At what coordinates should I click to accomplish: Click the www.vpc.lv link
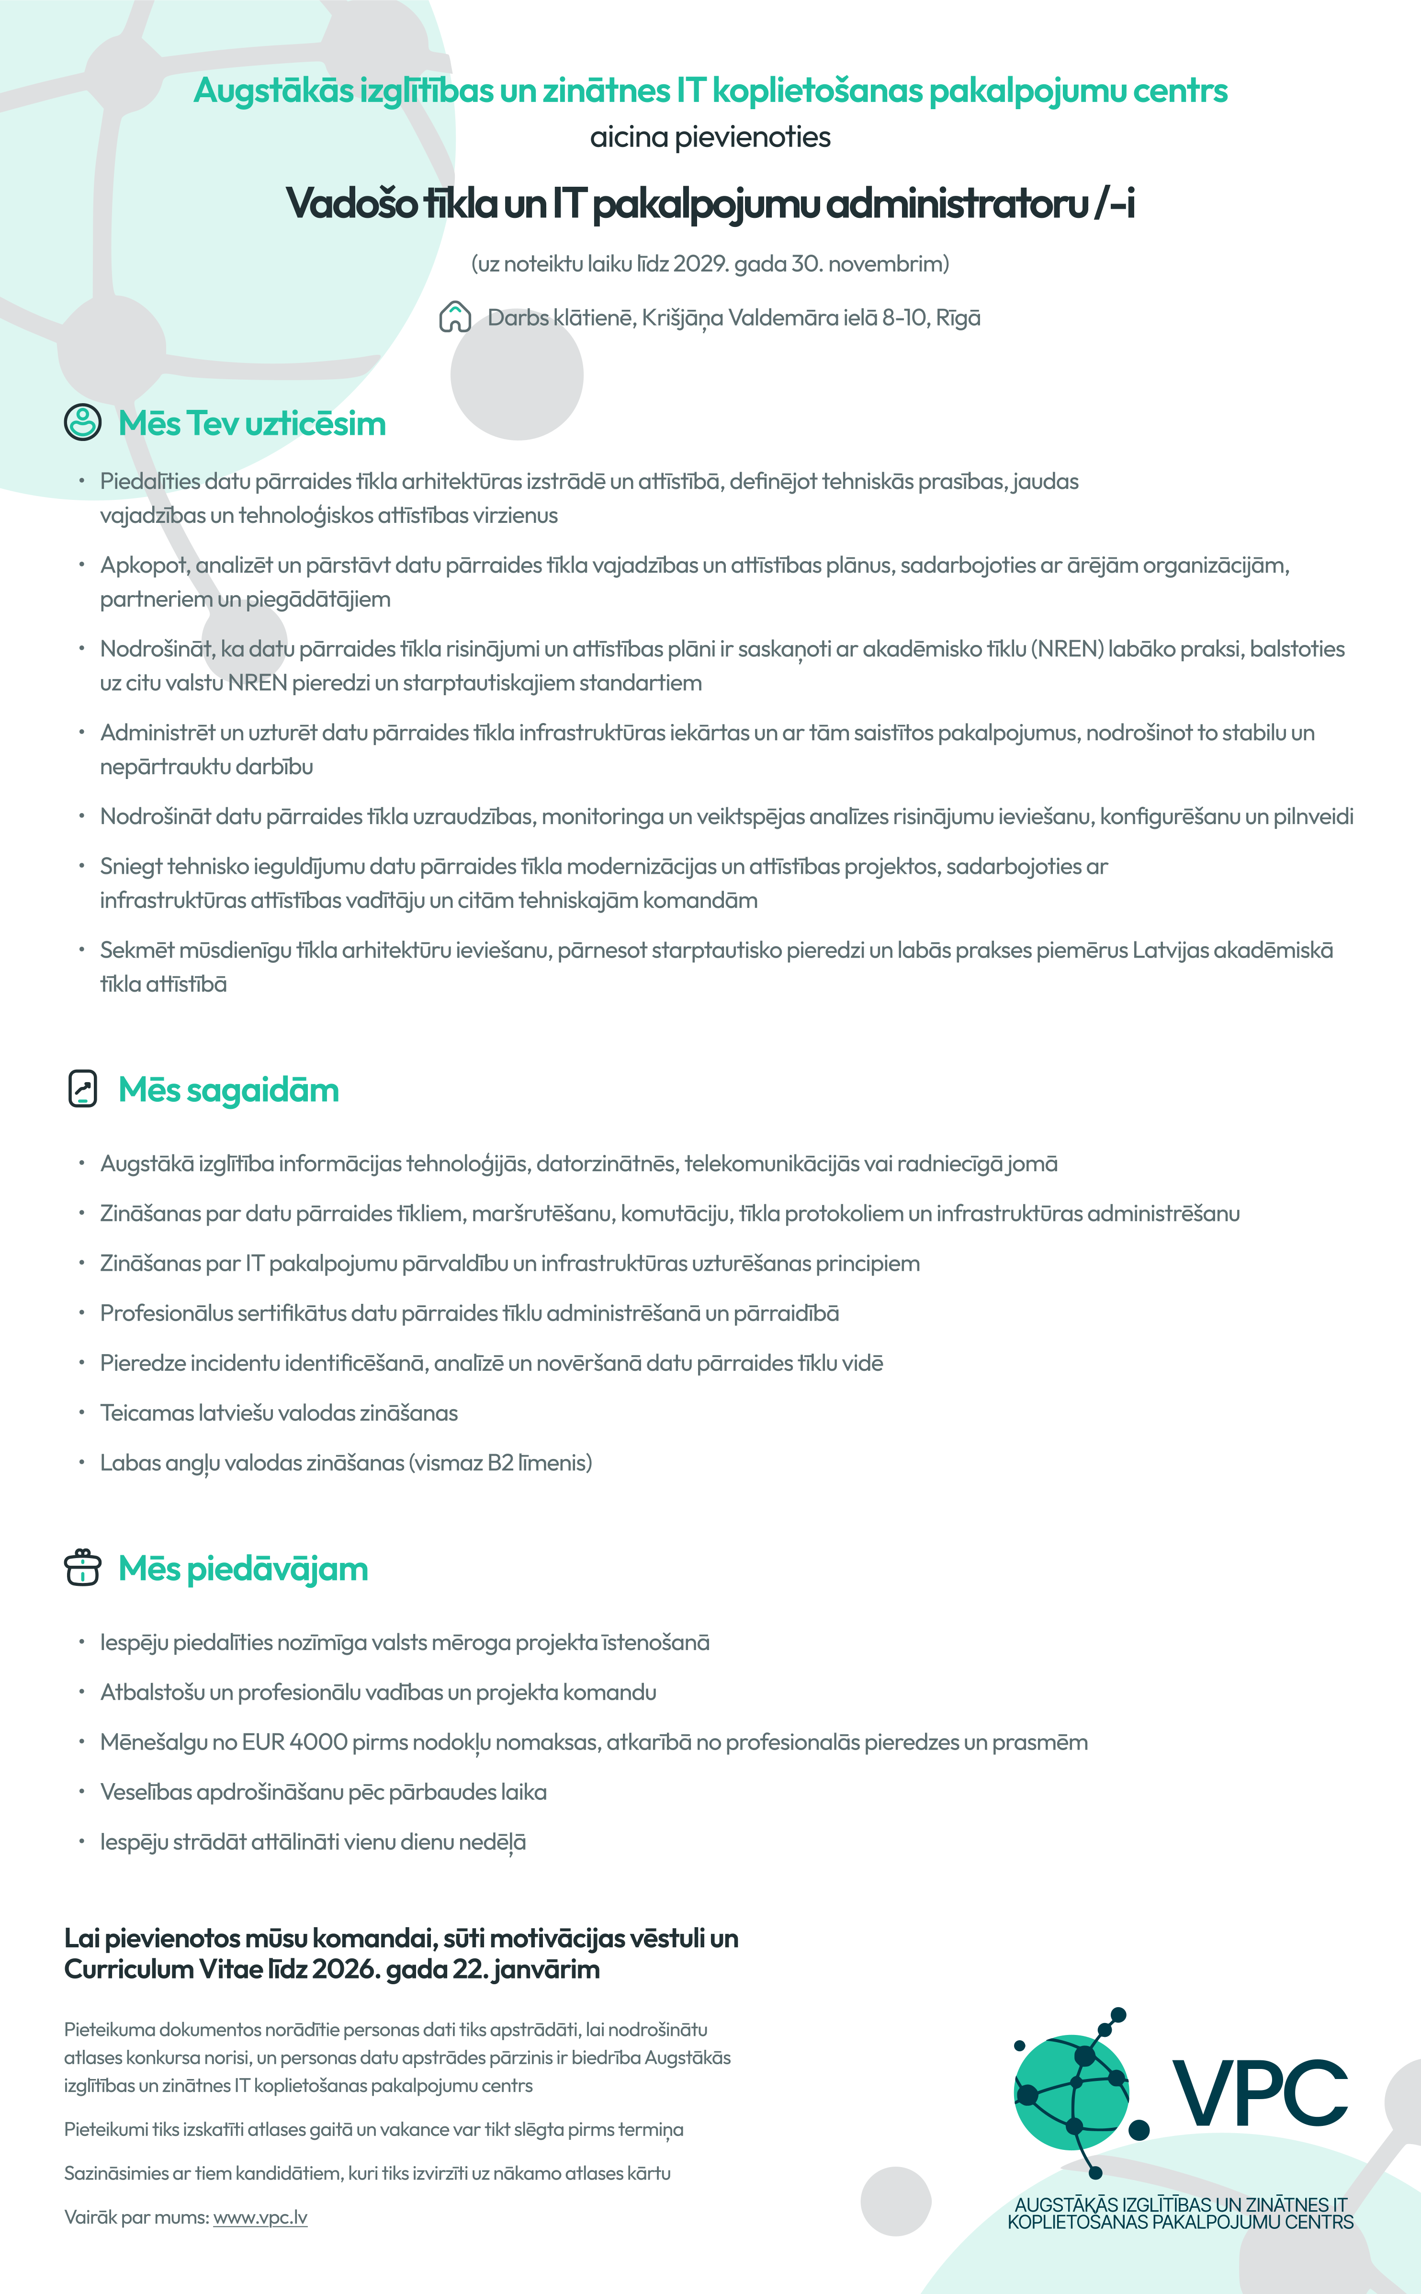click(260, 2217)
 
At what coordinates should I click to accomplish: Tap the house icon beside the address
click(455, 317)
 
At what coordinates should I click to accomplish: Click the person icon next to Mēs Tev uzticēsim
click(83, 423)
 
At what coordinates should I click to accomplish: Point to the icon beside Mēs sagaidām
click(83, 1089)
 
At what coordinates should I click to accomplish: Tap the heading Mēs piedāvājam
click(243, 1569)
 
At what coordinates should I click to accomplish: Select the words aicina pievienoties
click(710, 137)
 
